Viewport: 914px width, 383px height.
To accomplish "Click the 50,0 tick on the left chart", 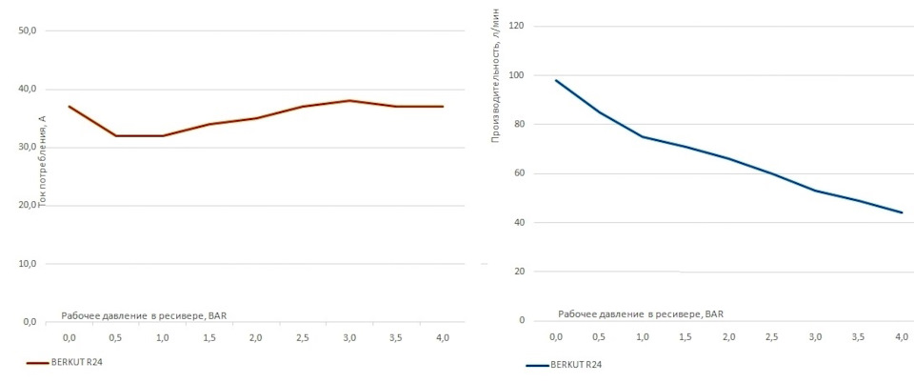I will coord(28,30).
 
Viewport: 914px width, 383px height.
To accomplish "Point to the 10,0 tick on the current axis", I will coord(28,264).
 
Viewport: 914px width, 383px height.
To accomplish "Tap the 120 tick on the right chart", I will coord(517,26).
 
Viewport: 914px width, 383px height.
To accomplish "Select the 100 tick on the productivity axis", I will coord(517,75).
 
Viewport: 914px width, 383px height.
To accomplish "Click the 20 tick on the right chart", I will coord(519,272).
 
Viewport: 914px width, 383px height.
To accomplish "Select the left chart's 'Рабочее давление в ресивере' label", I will coord(144,314).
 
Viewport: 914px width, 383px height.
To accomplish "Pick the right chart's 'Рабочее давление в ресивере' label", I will coord(641,313).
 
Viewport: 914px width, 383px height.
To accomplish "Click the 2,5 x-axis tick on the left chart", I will coord(303,338).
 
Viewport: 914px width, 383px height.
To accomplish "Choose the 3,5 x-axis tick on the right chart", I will coord(857,337).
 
